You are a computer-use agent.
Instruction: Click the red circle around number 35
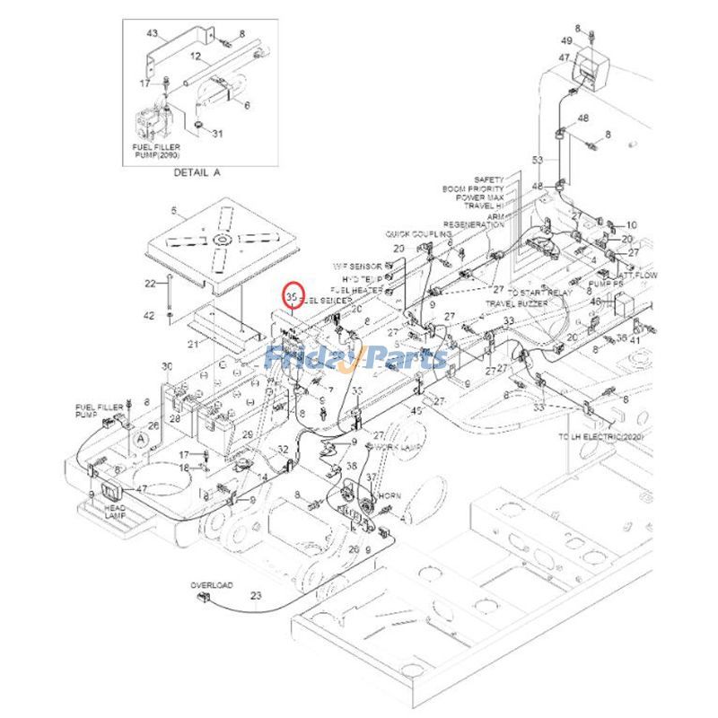(x=292, y=295)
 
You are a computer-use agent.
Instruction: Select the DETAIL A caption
(x=197, y=171)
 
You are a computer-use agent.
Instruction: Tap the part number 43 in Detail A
(x=153, y=33)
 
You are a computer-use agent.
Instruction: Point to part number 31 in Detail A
(x=217, y=135)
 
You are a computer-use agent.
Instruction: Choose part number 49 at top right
(x=591, y=41)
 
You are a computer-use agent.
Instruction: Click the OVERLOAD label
(x=211, y=585)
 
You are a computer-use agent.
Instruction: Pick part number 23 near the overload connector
(x=256, y=595)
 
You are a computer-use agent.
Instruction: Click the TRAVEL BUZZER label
(x=518, y=304)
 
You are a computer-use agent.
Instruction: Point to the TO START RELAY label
(x=538, y=293)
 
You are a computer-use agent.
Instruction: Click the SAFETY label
(x=489, y=179)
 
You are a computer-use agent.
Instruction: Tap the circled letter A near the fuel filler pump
(x=141, y=438)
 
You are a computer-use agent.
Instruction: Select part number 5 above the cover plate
(x=174, y=213)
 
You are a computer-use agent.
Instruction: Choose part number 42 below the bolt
(x=150, y=315)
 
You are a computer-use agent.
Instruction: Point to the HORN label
(x=390, y=496)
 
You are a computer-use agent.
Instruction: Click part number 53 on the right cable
(x=538, y=160)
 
